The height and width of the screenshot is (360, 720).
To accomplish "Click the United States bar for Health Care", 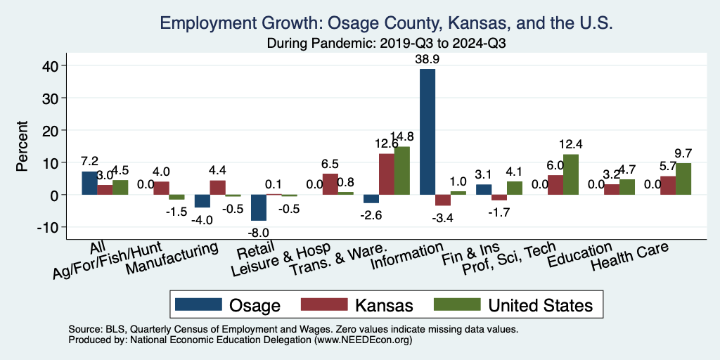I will click(x=683, y=179).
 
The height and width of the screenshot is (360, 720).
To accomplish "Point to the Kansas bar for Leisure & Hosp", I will click(x=330, y=184).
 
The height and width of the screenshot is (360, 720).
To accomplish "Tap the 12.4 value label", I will click(x=571, y=145).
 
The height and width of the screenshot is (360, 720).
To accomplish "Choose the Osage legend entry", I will click(x=228, y=304).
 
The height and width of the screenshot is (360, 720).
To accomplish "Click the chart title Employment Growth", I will click(x=387, y=23).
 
